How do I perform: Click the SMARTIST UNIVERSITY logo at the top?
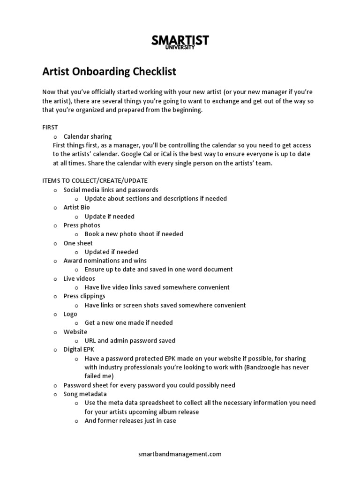point(180,42)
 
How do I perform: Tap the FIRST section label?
point(50,127)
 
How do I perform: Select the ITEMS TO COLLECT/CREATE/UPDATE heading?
point(95,180)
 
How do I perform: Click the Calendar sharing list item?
point(87,136)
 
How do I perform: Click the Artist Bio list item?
point(76,207)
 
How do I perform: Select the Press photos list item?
point(82,225)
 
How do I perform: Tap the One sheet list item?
point(78,243)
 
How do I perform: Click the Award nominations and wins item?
point(105,261)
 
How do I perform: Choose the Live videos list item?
point(79,278)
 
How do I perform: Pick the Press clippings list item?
point(84,296)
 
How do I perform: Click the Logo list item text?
point(70,314)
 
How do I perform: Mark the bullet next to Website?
point(55,332)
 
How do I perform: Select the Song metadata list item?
point(85,394)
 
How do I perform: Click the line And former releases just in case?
point(130,421)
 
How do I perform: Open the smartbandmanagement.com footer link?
point(180,454)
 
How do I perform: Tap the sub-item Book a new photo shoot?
point(134,234)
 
